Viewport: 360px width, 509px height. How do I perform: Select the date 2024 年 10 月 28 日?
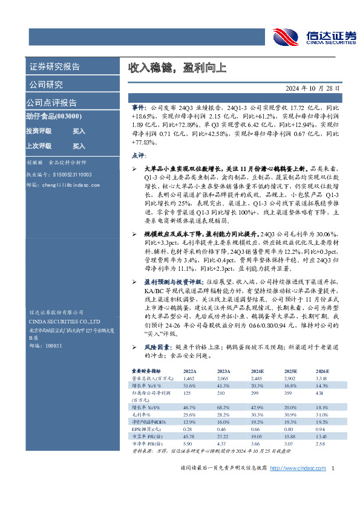click(311, 87)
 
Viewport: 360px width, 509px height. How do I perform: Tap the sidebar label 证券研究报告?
click(54, 66)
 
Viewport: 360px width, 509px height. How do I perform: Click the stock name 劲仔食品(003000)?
click(54, 116)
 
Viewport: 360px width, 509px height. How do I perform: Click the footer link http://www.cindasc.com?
click(298, 485)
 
